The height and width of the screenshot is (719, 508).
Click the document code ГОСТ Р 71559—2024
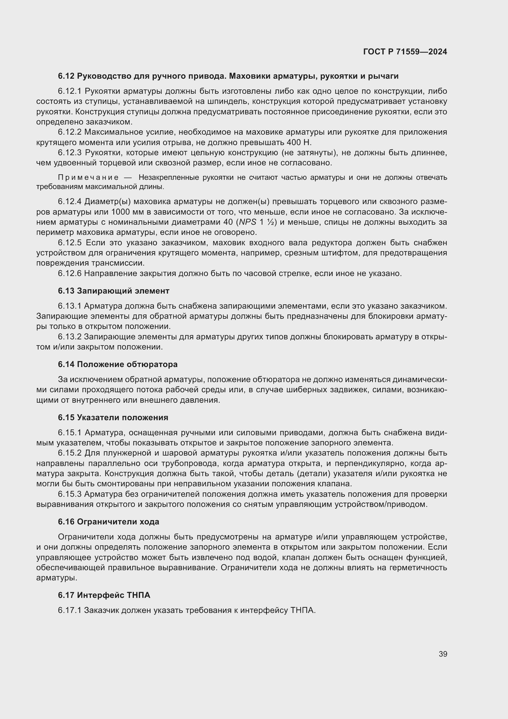[x=405, y=52]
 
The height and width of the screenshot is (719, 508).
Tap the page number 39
[x=443, y=654]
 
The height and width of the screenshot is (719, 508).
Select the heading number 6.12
[x=66, y=76]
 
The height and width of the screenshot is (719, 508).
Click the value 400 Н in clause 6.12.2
[x=299, y=143]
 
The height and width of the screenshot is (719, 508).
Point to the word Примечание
[x=88, y=178]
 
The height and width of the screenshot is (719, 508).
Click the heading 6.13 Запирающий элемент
[x=114, y=291]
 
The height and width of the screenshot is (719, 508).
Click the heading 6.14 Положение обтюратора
[x=118, y=364]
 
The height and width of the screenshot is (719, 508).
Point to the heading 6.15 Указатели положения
[x=113, y=417]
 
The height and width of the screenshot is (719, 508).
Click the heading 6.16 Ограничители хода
[x=108, y=522]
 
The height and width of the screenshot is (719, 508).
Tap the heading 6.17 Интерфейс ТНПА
[x=104, y=595]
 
